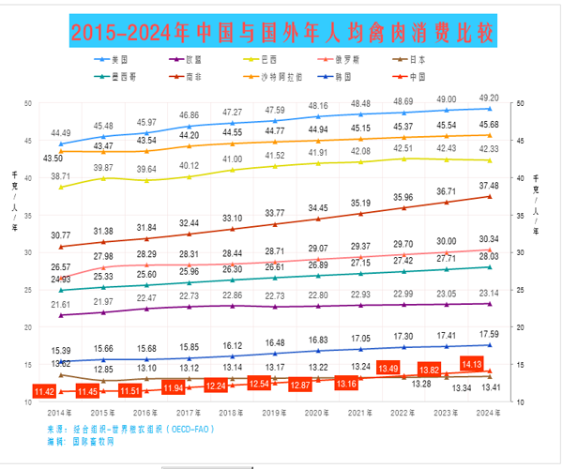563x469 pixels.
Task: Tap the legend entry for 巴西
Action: pyautogui.click(x=272, y=59)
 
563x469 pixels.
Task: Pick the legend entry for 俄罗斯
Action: pyautogui.click(x=351, y=59)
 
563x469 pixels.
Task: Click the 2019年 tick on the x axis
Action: pyautogui.click(x=274, y=413)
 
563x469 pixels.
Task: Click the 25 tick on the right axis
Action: pyautogui.click(x=522, y=290)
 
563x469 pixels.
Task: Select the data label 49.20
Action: pyautogui.click(x=488, y=98)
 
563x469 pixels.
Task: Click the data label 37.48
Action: pyautogui.click(x=488, y=186)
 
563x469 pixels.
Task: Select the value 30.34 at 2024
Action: pyautogui.click(x=488, y=238)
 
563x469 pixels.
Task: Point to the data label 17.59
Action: pyautogui.click(x=488, y=334)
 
